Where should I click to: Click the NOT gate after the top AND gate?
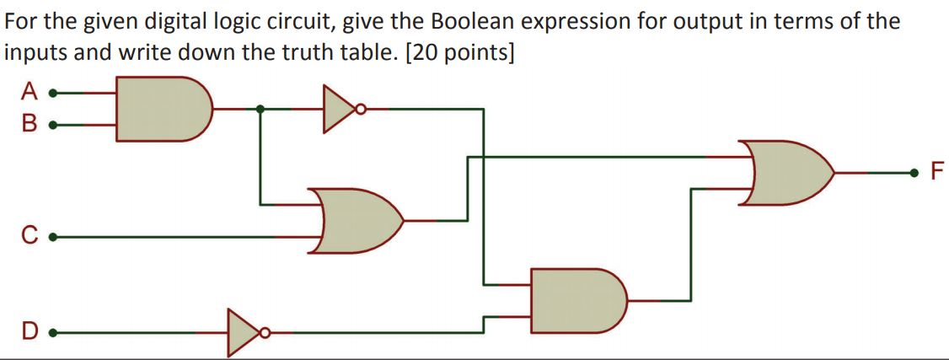point(340,108)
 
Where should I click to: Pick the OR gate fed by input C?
point(358,221)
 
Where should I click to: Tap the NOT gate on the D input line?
point(242,332)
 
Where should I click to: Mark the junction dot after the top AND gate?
point(260,108)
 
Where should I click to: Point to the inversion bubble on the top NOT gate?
point(362,108)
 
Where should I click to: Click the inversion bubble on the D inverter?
point(264,332)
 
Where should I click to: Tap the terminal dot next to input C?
point(52,239)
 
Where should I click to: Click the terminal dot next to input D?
point(52,332)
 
